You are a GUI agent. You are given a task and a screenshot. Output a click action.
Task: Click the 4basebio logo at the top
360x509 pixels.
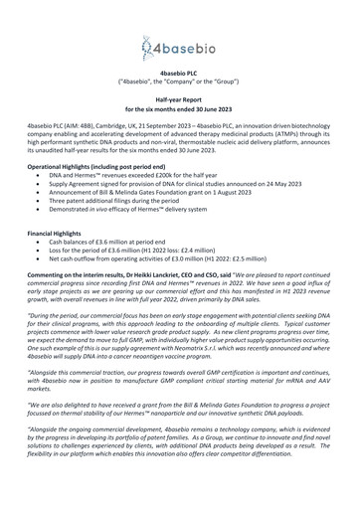[179, 45]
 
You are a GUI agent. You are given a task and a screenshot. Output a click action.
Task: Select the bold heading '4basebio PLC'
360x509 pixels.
[179, 74]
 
